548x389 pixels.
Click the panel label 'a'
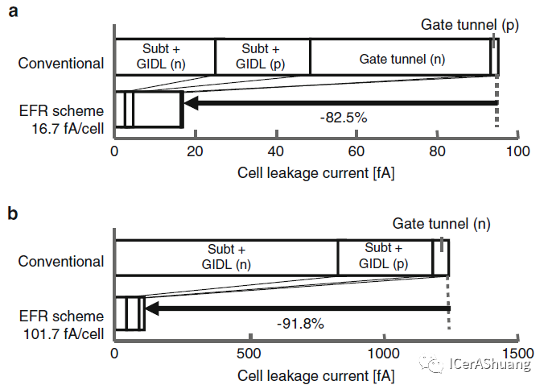click(13, 14)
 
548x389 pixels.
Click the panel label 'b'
click(13, 214)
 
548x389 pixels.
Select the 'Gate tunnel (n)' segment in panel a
click(402, 59)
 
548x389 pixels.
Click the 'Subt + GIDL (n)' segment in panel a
click(165, 56)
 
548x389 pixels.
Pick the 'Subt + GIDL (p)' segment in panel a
click(262, 56)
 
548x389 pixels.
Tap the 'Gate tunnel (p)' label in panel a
click(470, 25)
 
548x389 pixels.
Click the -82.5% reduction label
click(343, 118)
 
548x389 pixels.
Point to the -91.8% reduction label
click(300, 323)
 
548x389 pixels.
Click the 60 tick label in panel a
click(356, 152)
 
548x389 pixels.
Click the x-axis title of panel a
click(315, 172)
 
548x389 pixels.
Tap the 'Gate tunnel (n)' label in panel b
click(441, 224)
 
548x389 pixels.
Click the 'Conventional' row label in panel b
click(61, 262)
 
